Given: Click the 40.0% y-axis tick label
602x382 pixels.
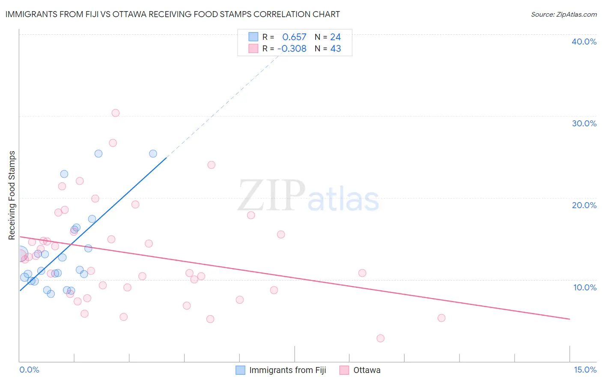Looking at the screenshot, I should point(584,42).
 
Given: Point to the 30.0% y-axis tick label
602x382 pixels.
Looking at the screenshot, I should point(584,123).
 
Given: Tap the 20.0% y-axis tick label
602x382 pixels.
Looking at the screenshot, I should point(584,205).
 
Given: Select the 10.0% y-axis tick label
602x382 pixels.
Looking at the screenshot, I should point(585,287).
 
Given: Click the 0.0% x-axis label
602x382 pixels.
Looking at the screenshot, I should point(29,370).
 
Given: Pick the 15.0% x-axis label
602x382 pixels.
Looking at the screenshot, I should point(585,370).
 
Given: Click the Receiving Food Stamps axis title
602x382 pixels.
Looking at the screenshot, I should point(12,195).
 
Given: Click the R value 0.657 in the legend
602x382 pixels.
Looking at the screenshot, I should point(294,37).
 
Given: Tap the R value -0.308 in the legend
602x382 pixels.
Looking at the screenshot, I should point(292,49).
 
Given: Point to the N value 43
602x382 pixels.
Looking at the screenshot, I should point(336,49).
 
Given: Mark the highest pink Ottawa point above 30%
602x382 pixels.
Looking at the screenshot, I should point(116,113).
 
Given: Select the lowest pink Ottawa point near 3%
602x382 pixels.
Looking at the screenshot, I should point(380,338).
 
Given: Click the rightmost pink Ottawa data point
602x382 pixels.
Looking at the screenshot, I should point(441,318).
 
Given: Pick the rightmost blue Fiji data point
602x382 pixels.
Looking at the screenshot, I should point(153,154).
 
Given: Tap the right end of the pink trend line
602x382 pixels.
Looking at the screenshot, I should point(569,319).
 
